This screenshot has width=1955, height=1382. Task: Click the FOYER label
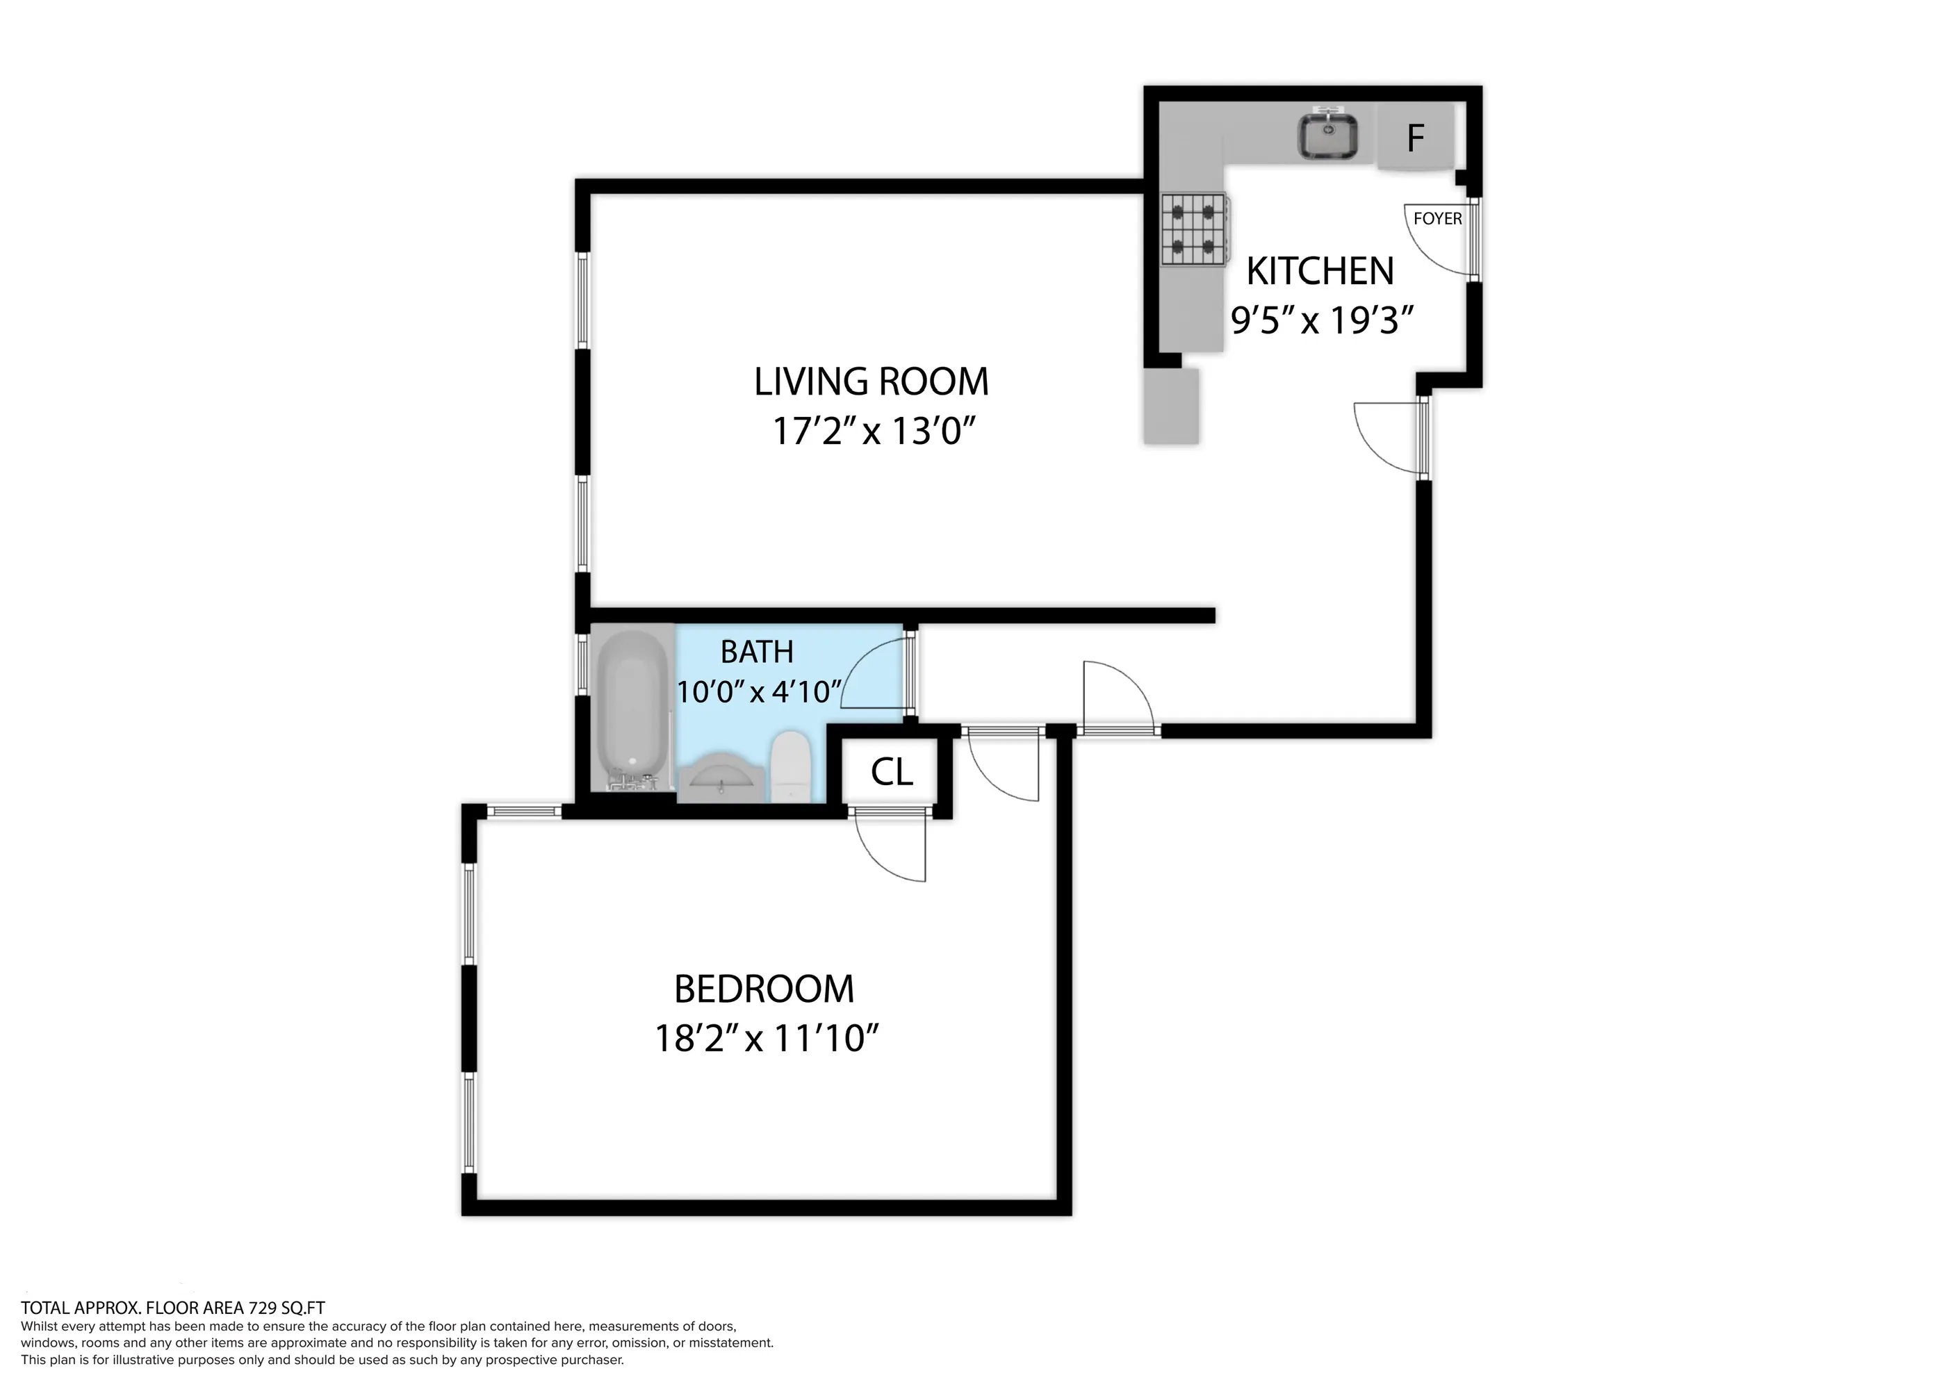1437,219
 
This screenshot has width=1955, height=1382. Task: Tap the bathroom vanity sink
721,777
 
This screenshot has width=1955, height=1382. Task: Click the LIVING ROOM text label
871,381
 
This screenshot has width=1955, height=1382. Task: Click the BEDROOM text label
764,989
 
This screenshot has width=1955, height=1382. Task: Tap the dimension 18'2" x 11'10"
765,1039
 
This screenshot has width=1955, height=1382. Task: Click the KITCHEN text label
1320,272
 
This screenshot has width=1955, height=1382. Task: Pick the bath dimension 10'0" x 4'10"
759,691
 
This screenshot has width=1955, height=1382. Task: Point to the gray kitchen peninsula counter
1171,406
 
